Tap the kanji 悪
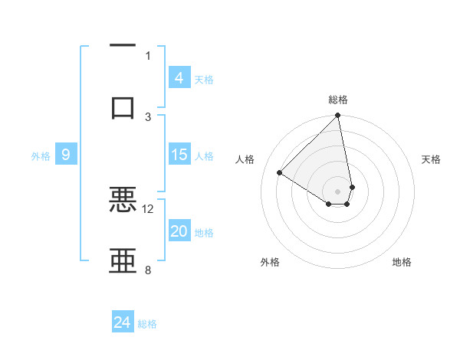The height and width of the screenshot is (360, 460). point(123,200)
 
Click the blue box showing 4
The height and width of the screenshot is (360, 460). point(179,78)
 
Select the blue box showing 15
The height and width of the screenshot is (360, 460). point(179,155)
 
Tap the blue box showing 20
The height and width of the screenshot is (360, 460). point(179,232)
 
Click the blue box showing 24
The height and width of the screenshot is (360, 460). point(123,323)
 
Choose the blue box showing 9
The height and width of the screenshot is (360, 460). point(66,155)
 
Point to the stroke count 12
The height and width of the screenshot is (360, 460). point(148,208)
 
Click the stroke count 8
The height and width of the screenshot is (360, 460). point(148,270)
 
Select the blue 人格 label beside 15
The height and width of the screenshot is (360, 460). point(204,156)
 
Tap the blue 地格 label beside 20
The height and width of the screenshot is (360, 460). point(204,233)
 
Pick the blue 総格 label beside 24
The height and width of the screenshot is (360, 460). point(147,324)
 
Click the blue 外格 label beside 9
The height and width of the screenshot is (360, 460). point(41,156)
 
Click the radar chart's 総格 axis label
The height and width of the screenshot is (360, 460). point(338,100)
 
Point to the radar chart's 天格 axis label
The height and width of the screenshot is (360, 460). point(432,159)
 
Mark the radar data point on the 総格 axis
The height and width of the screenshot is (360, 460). point(338,116)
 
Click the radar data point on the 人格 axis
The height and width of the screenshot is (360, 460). point(280,173)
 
